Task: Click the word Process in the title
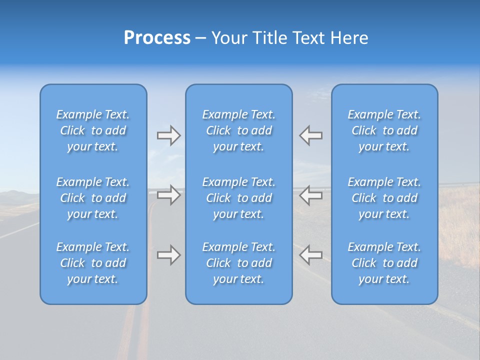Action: [x=157, y=38]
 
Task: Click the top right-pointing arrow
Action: [x=168, y=135]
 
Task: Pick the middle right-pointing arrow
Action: [x=168, y=195]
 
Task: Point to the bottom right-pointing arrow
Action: [x=168, y=255]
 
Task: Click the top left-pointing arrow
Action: [x=311, y=135]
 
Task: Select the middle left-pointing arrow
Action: [x=311, y=195]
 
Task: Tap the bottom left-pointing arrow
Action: [x=311, y=255]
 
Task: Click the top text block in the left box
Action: [x=93, y=130]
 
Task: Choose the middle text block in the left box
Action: [x=93, y=198]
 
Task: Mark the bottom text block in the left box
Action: [x=93, y=263]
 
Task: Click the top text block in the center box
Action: [x=239, y=130]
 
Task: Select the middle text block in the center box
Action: [x=239, y=198]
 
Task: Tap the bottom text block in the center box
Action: [x=239, y=263]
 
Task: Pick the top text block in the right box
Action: [x=384, y=130]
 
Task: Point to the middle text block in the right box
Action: [x=384, y=198]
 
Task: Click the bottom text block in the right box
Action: [x=384, y=263]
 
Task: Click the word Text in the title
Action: [x=307, y=38]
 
